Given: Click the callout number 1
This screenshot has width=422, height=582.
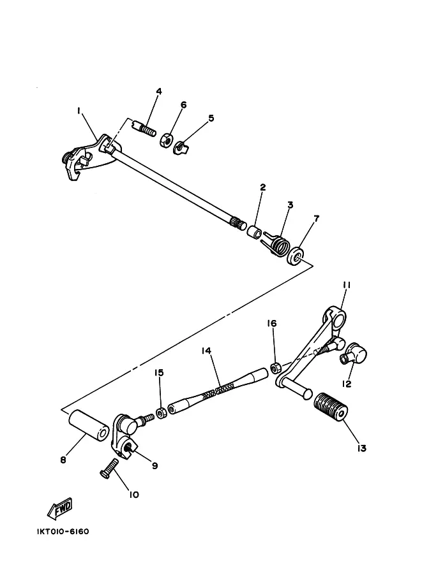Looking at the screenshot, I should click(x=79, y=111).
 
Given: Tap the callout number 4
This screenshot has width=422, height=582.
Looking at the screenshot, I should click(x=159, y=92).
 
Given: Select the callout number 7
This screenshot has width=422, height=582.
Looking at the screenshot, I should click(x=316, y=220).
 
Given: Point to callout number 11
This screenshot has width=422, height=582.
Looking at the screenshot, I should click(x=347, y=285).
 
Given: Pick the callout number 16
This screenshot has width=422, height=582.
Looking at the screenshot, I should click(x=272, y=324).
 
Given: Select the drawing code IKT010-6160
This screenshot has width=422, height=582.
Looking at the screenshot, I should click(x=59, y=531).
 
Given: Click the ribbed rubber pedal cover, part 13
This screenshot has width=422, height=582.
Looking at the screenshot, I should click(x=331, y=407).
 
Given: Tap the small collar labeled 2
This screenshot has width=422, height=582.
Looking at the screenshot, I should click(x=255, y=230).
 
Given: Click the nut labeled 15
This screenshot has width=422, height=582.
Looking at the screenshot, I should click(x=162, y=413).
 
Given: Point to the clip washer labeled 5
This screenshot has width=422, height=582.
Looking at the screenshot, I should click(x=181, y=147).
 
